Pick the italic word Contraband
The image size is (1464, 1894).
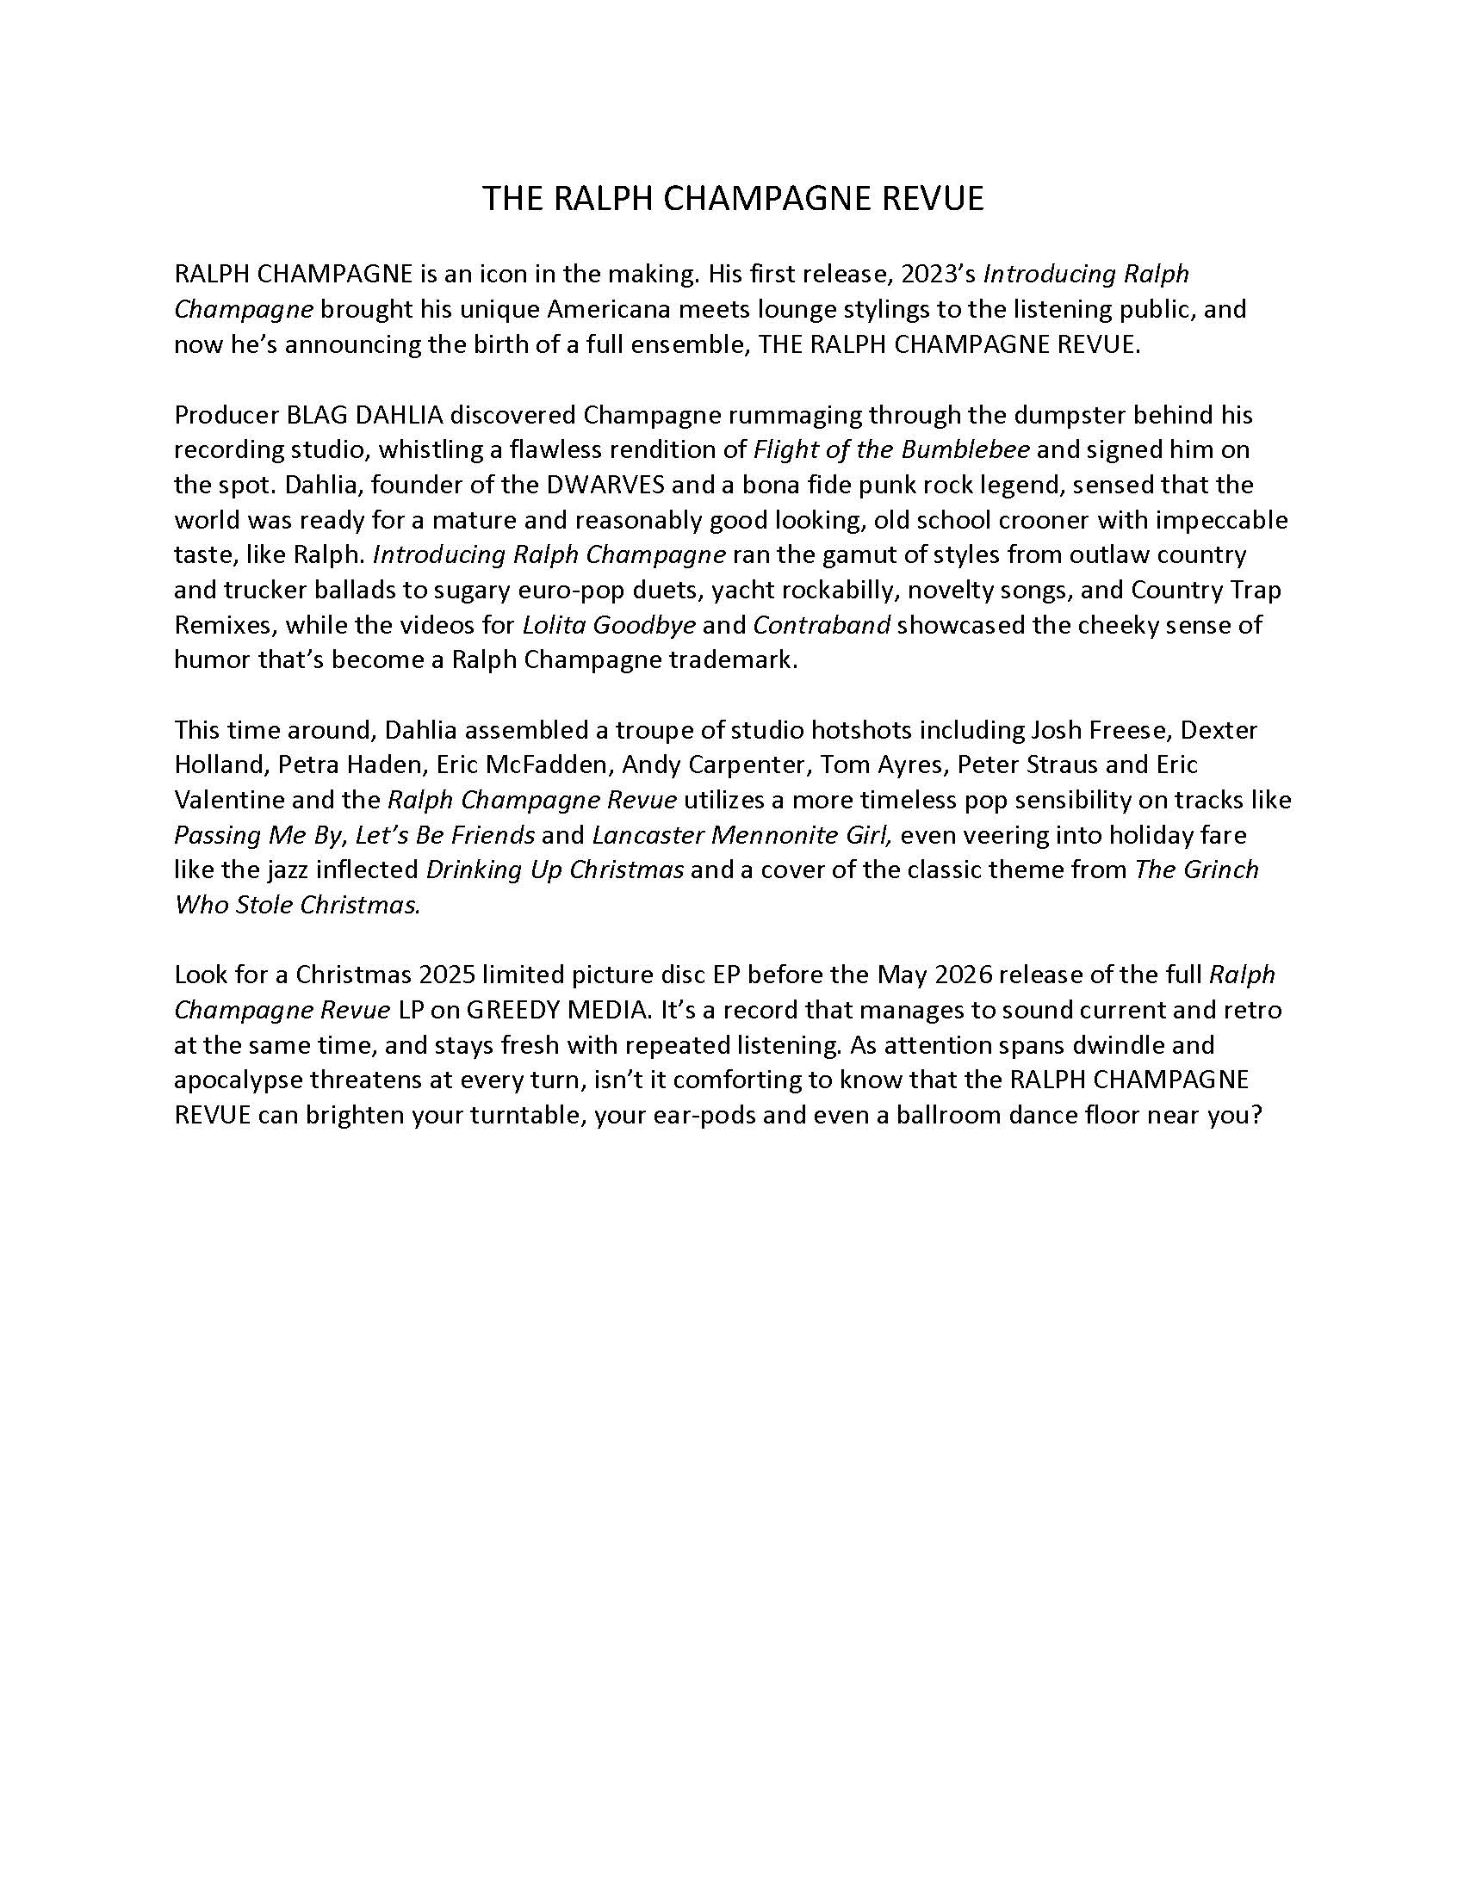pyautogui.click(x=822, y=625)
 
